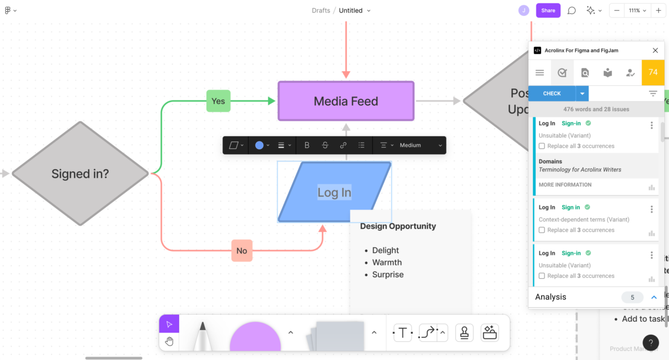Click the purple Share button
pos(548,11)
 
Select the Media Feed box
pos(346,101)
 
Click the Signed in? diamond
pos(80,174)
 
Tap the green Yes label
pos(218,101)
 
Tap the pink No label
pos(242,251)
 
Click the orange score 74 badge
pos(653,73)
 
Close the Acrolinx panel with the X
pos(656,51)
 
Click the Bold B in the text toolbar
pos(307,145)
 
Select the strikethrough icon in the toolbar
pos(325,145)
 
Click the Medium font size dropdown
pos(414,145)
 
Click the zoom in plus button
pos(658,11)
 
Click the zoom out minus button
pos(617,11)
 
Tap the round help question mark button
pos(651,343)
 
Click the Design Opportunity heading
pos(398,226)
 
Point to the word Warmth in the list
pos(387,263)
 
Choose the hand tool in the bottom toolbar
pos(169,341)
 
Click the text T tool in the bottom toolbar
pos(403,333)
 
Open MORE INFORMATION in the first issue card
pos(565,185)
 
